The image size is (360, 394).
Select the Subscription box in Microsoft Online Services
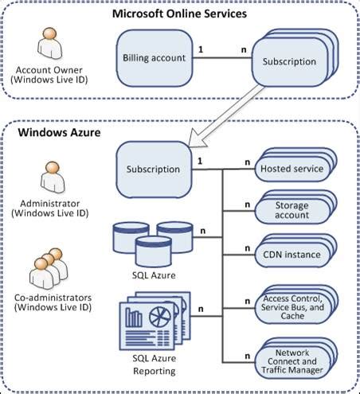[x=288, y=62]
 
